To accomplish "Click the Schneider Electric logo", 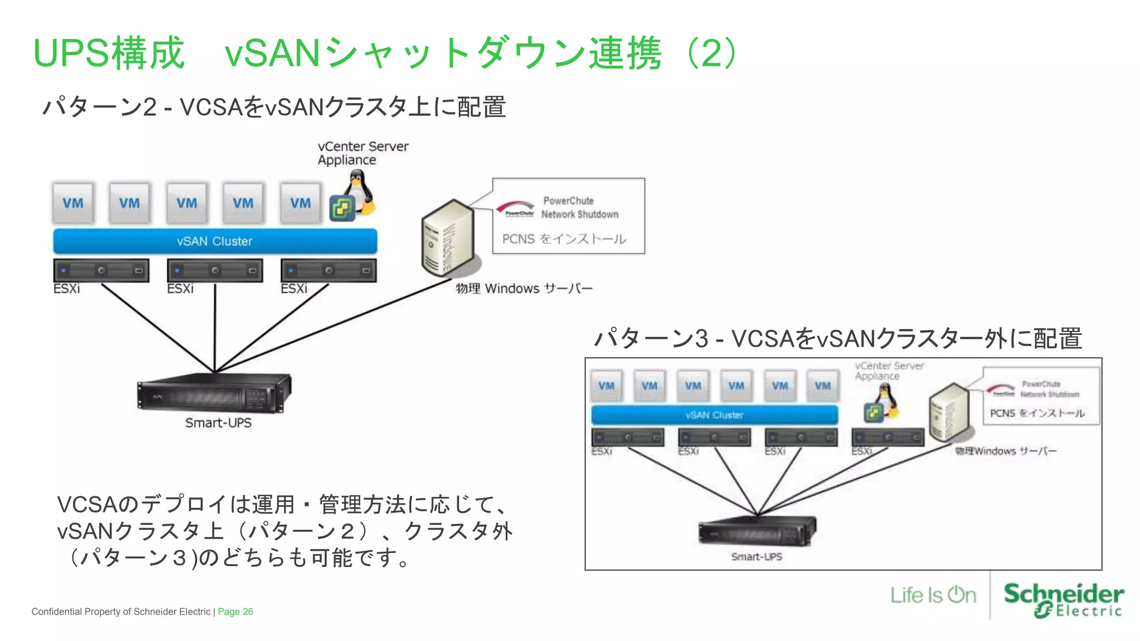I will click(1063, 600).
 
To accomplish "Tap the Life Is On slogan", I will click(933, 595).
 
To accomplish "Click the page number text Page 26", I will click(235, 612).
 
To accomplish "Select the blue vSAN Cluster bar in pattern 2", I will click(215, 241).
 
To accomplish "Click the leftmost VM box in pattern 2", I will click(73, 203).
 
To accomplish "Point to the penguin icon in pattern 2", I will click(359, 192).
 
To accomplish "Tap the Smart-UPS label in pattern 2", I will click(218, 423).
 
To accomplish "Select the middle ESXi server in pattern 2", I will click(215, 270).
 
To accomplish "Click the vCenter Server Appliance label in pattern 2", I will click(362, 153).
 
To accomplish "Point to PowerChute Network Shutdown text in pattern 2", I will click(579, 208).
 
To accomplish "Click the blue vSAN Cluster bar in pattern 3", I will click(714, 415).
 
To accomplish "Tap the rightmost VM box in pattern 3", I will click(823, 386).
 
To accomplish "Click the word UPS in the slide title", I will click(71, 53).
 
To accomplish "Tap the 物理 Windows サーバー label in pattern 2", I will click(524, 288).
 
